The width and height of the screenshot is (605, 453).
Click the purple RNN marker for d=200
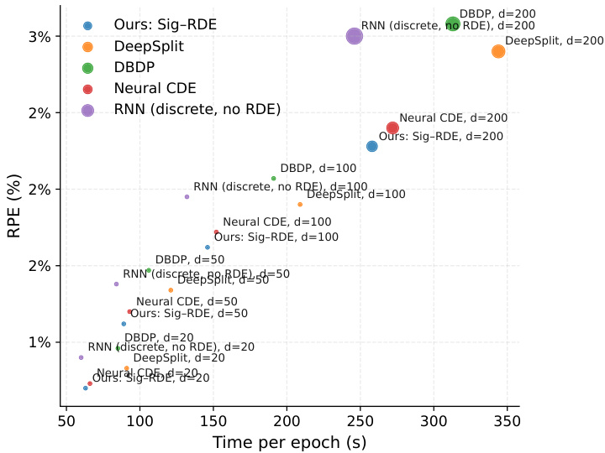(x=355, y=36)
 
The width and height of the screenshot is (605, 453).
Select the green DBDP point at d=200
(x=453, y=24)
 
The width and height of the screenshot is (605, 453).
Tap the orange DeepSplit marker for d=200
(x=498, y=52)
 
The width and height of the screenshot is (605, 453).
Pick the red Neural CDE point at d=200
(x=392, y=128)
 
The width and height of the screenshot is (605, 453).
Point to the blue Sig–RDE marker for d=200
(x=372, y=146)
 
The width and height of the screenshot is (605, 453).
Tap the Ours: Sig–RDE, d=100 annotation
(x=276, y=237)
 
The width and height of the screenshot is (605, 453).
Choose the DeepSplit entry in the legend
(x=150, y=45)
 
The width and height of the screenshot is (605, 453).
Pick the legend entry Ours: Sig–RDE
(x=166, y=24)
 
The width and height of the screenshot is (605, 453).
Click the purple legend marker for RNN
(x=87, y=109)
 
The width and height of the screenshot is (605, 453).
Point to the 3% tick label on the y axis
(x=40, y=37)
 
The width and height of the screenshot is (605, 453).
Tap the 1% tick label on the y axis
(x=40, y=342)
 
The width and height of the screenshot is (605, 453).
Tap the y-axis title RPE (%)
(x=15, y=205)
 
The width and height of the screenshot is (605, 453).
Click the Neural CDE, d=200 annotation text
(x=454, y=119)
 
